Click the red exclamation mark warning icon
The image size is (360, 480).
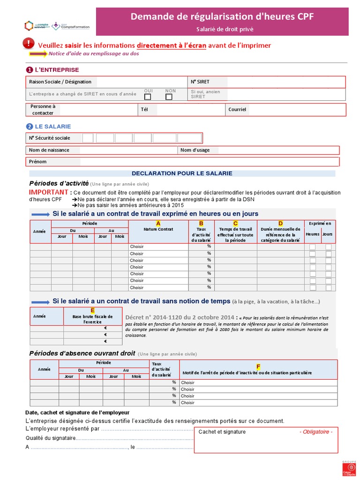click(x=29, y=44)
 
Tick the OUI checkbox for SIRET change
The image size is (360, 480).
click(x=148, y=97)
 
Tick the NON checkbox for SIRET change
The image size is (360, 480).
click(x=169, y=97)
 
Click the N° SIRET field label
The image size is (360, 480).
click(x=200, y=82)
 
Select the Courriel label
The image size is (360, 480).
click(x=237, y=110)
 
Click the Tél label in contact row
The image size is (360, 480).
click(x=144, y=110)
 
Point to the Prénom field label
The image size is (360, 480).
click(x=38, y=162)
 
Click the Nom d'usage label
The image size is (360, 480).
click(x=195, y=150)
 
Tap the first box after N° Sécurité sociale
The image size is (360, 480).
click(x=88, y=138)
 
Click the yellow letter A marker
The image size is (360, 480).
click(x=158, y=223)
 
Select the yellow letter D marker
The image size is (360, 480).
click(x=280, y=223)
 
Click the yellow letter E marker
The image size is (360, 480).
click(x=92, y=310)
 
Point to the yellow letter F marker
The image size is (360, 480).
click(x=258, y=366)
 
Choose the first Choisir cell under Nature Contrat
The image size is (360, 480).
click(x=137, y=247)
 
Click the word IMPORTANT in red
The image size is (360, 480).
click(x=49, y=192)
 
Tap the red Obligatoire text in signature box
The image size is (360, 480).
click(x=316, y=432)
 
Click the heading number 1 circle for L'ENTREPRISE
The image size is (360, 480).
click(x=30, y=70)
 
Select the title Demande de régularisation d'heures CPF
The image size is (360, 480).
click(x=222, y=17)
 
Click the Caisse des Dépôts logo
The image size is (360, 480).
click(x=349, y=469)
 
